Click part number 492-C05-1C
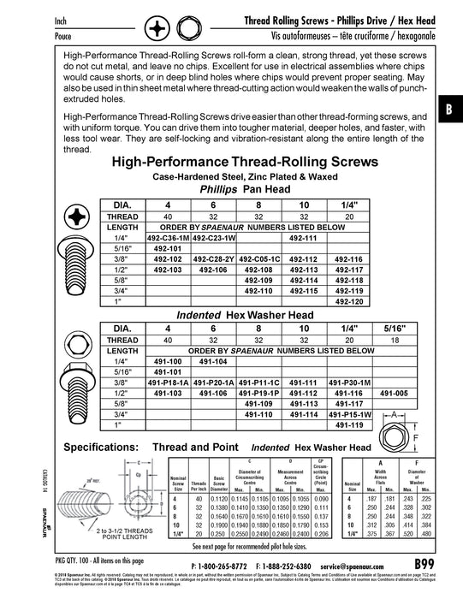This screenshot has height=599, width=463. (x=258, y=258)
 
